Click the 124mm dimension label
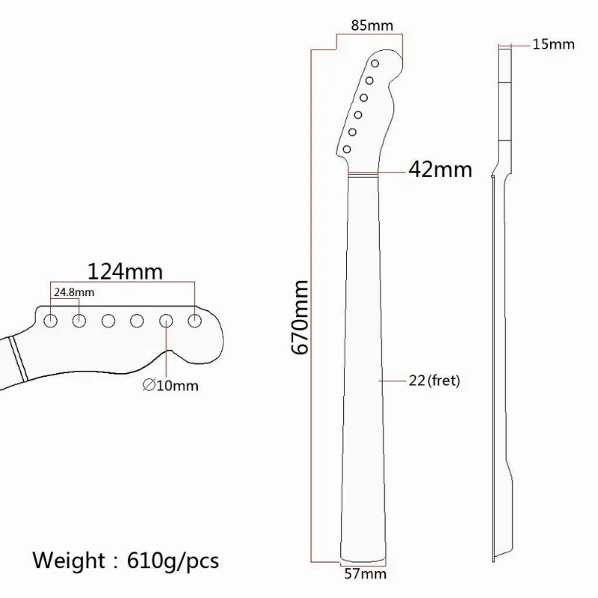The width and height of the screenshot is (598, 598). pyautogui.click(x=125, y=271)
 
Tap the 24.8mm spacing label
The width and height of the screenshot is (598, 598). pyautogui.click(x=73, y=292)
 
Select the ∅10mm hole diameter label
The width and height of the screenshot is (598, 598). pyautogui.click(x=170, y=386)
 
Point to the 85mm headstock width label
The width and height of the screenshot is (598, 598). pyautogui.click(x=372, y=25)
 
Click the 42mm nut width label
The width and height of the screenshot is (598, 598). pyautogui.click(x=440, y=170)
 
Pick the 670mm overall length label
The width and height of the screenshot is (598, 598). pyautogui.click(x=300, y=317)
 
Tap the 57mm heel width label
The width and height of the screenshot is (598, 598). pyautogui.click(x=366, y=573)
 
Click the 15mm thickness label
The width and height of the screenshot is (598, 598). pyautogui.click(x=553, y=44)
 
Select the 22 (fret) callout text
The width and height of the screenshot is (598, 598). pyautogui.click(x=434, y=380)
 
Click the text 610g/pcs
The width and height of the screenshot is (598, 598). pyautogui.click(x=173, y=561)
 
